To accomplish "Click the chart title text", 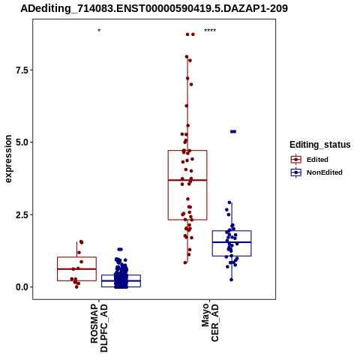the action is tap(154, 9).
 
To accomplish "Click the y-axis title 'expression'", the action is tap(8, 159).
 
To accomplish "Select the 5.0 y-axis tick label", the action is tap(21, 142).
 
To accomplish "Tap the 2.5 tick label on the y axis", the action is tap(21, 214).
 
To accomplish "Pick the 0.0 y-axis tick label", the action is tap(21, 287).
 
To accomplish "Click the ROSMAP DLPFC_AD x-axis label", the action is tap(99, 328).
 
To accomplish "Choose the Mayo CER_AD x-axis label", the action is tap(210, 322).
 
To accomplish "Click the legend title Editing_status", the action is tap(320, 145).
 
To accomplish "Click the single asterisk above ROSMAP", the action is tap(99, 31).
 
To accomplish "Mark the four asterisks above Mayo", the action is tap(210, 31).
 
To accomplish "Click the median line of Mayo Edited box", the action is tap(187, 180).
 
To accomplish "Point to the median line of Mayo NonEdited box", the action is tap(232, 242).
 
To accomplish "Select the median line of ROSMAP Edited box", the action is tap(76, 269).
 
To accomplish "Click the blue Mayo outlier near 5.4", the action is tap(233, 132).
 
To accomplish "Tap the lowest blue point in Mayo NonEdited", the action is tap(231, 280).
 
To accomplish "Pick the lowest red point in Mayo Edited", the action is tap(185, 262).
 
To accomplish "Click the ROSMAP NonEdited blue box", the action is tap(121, 275).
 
